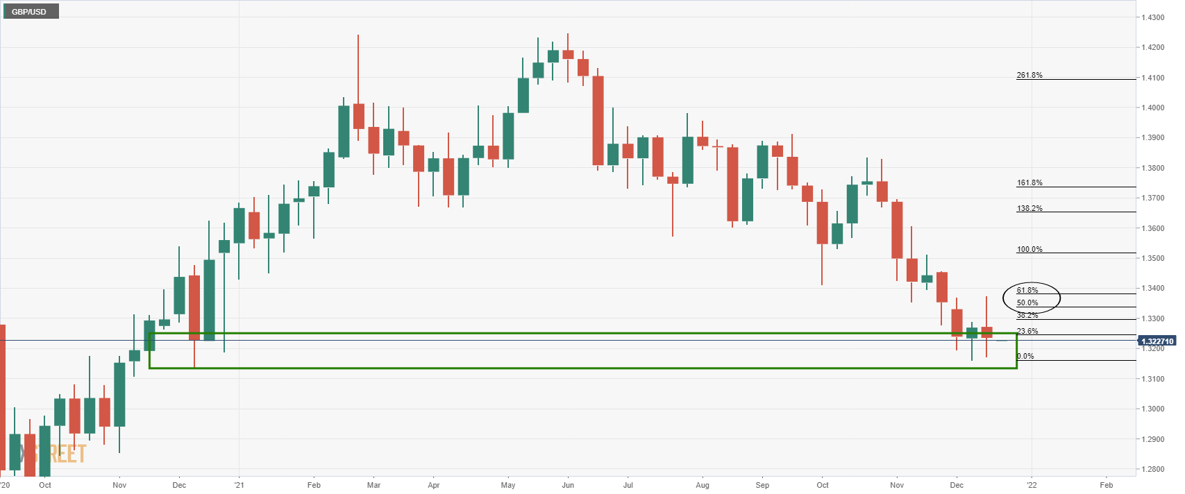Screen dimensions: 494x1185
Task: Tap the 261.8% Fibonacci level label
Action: point(1029,75)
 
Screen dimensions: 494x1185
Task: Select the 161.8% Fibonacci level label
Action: point(1029,183)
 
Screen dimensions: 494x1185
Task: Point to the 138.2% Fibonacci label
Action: point(1029,208)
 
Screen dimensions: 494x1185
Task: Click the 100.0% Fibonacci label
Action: point(1029,249)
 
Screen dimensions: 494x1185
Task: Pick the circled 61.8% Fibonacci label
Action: point(1027,290)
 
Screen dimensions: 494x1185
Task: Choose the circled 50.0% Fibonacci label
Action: point(1027,303)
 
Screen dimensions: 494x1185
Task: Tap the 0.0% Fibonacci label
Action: point(1025,356)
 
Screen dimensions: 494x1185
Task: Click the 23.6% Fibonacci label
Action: point(1027,331)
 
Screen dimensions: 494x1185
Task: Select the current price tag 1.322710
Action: point(1157,341)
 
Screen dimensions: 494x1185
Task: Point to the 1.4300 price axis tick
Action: point(1153,17)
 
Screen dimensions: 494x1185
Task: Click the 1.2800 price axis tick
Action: point(1153,469)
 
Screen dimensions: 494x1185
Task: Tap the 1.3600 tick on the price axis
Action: point(1153,228)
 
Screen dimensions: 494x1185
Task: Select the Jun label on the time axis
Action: point(568,485)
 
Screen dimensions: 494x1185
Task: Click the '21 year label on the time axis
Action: point(239,485)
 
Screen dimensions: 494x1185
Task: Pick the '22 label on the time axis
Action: point(1032,485)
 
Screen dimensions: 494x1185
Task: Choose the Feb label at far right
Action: point(1107,485)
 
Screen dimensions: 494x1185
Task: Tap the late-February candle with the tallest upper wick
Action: point(359,115)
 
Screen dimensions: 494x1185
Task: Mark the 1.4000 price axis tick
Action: point(1153,108)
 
